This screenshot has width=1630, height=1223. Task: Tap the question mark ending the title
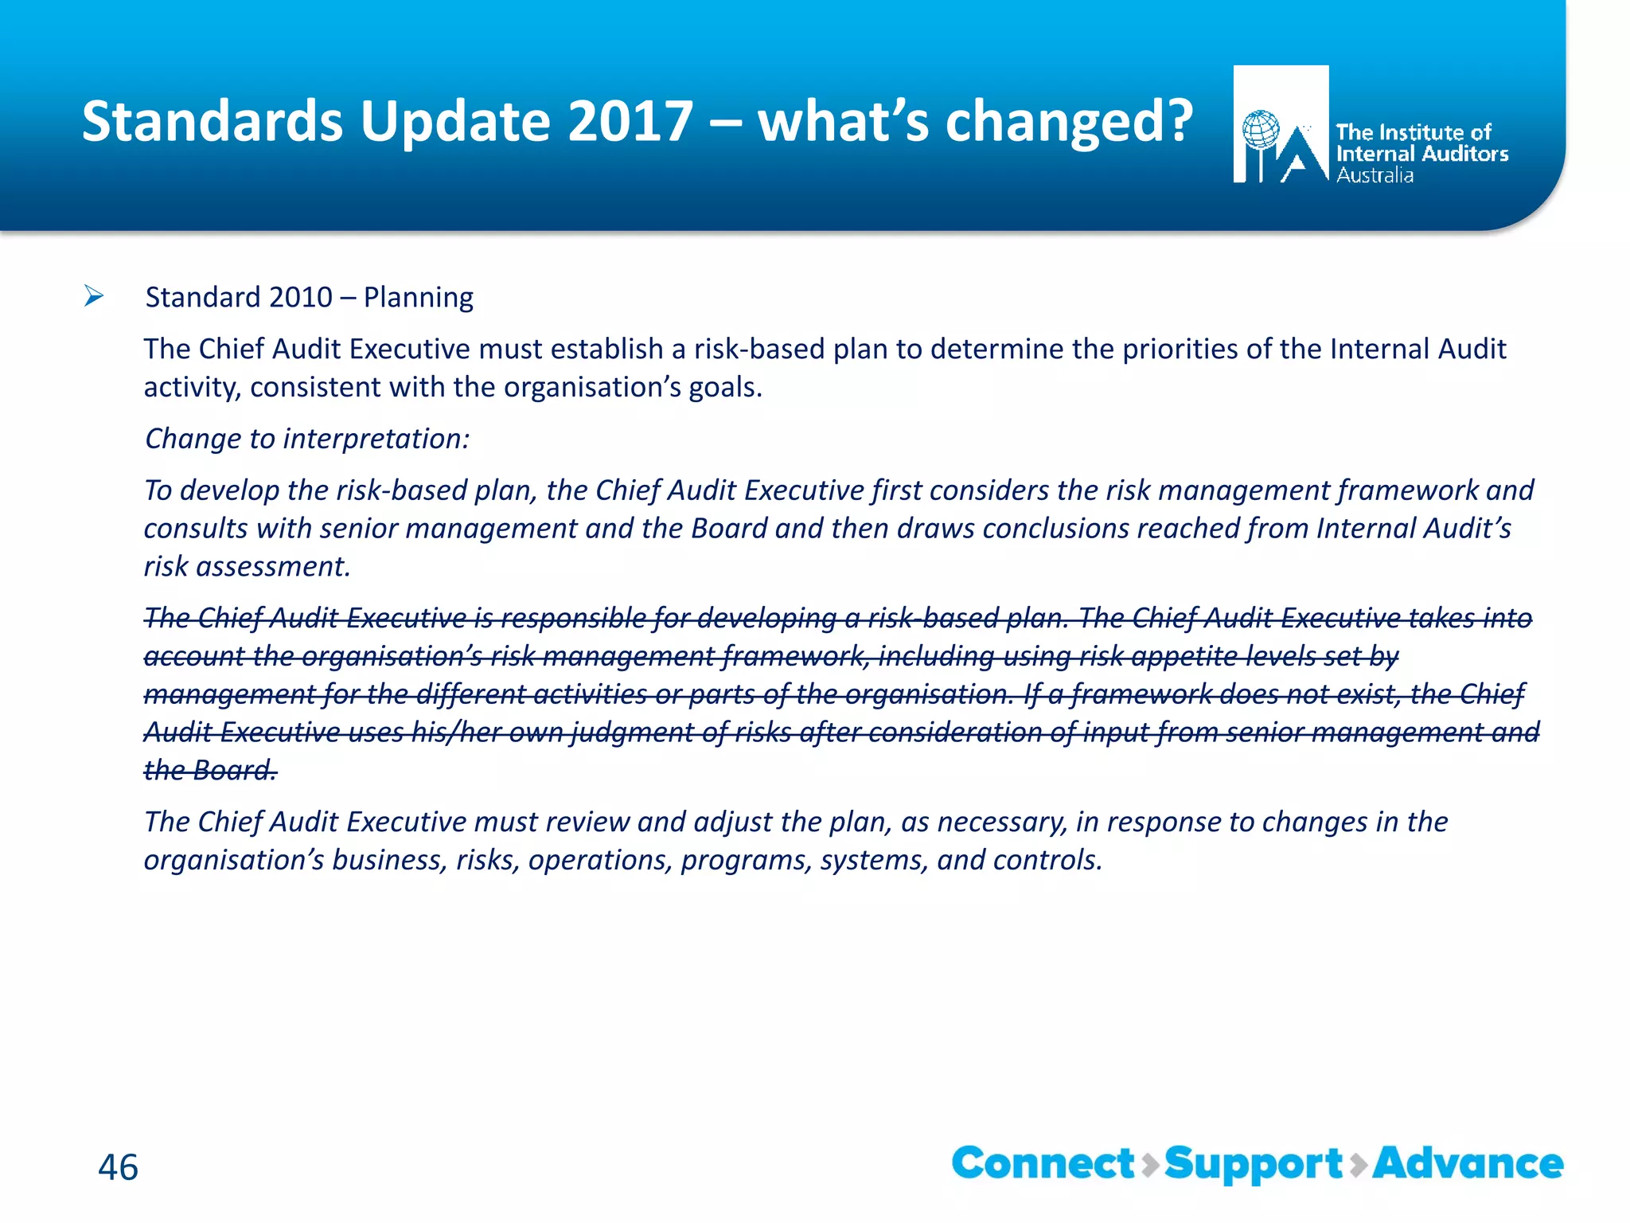(x=1174, y=121)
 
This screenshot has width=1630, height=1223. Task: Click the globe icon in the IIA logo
(x=1261, y=130)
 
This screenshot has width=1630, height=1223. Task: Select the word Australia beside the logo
(x=1375, y=175)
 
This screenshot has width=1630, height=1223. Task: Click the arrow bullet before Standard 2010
(x=94, y=297)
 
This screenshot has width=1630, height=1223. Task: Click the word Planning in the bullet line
(x=418, y=297)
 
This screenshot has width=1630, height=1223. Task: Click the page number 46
(x=118, y=1167)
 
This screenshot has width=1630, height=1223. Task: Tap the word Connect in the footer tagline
(x=1043, y=1164)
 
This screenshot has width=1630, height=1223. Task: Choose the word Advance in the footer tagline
(x=1468, y=1164)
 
